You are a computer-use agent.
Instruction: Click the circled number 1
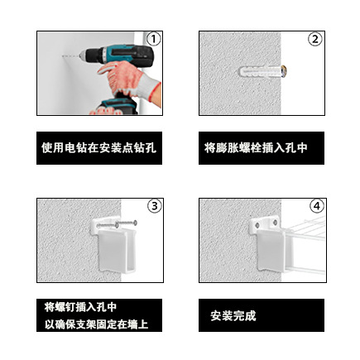pos(153,39)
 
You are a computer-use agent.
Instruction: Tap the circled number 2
pos(315,39)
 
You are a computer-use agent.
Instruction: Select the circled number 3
pos(154,206)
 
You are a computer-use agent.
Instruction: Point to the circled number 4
pos(317,206)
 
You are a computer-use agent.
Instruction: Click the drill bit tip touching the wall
pos(63,56)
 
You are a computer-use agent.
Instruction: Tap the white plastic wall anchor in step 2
pos(260,71)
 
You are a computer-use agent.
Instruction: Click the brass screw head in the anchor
pos(284,71)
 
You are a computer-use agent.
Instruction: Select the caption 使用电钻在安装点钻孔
pos(99,148)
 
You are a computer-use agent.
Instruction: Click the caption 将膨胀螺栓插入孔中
pos(256,148)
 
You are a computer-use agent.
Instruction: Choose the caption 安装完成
pos(233,316)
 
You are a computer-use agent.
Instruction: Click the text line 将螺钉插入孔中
pos(80,307)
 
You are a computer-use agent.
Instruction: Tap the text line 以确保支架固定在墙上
pos(97,324)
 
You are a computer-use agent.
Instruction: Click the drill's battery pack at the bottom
pos(118,106)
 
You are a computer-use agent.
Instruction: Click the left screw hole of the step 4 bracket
pos(257,225)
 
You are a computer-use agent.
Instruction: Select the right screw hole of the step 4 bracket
pos(275,223)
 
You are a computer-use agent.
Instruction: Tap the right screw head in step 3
pos(135,222)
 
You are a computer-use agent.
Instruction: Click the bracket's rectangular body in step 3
pos(114,250)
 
